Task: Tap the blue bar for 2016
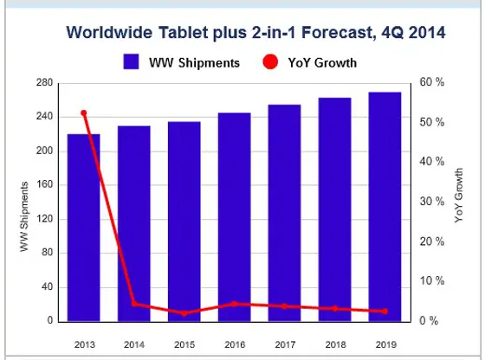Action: tap(234, 216)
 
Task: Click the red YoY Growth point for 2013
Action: tap(84, 113)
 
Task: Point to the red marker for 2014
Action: tap(134, 303)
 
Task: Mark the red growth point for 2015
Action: tap(184, 312)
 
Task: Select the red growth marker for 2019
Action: tap(385, 312)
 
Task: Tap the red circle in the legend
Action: tap(269, 62)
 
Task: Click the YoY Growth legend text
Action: tap(321, 62)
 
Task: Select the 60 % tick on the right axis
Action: tap(433, 83)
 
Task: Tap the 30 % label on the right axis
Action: tap(433, 202)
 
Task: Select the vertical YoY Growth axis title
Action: tap(459, 197)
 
